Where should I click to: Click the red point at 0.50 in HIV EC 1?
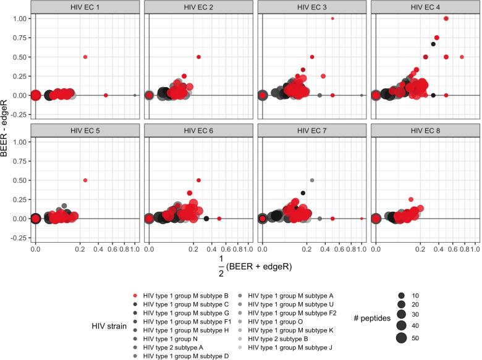(85, 57)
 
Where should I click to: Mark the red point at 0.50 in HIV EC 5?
(85, 180)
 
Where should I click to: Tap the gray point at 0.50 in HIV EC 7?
(312, 180)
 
